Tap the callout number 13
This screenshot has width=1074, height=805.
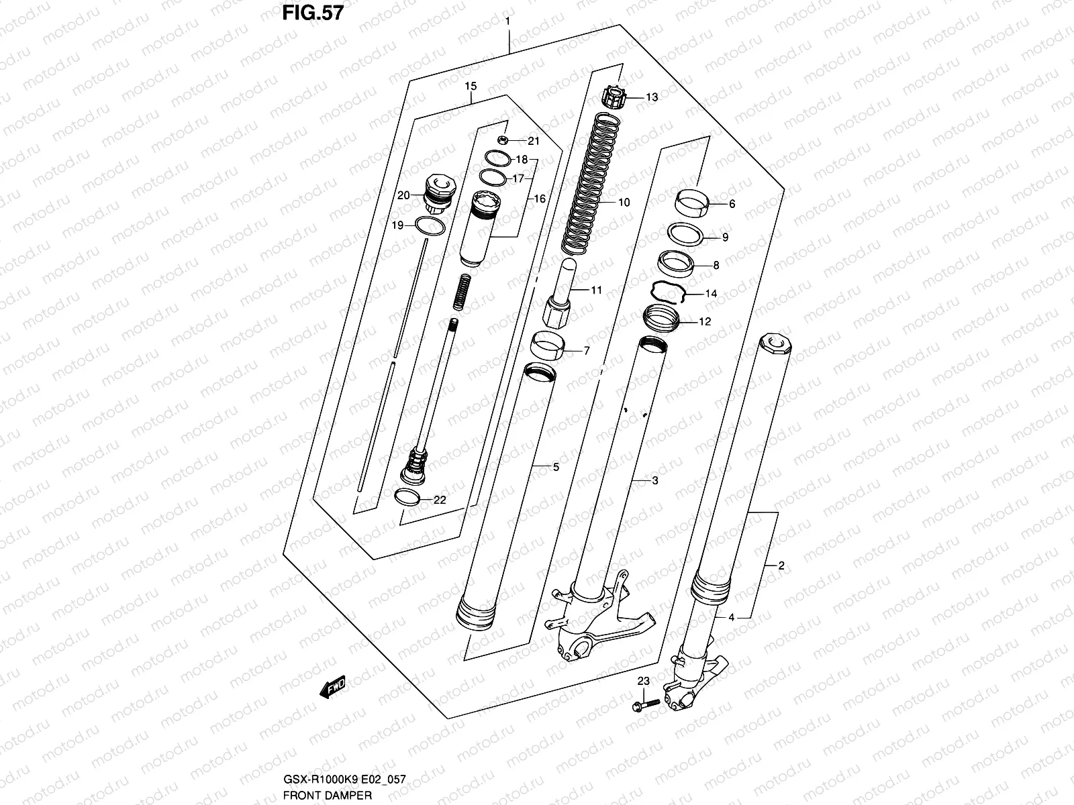point(651,97)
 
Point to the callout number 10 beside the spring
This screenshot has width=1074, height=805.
point(624,203)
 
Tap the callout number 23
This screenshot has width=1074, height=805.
point(643,681)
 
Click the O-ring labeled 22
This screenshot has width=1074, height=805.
point(408,498)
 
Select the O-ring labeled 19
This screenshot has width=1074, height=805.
point(430,226)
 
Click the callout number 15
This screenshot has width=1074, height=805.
point(470,86)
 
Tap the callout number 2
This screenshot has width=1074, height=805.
point(781,566)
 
